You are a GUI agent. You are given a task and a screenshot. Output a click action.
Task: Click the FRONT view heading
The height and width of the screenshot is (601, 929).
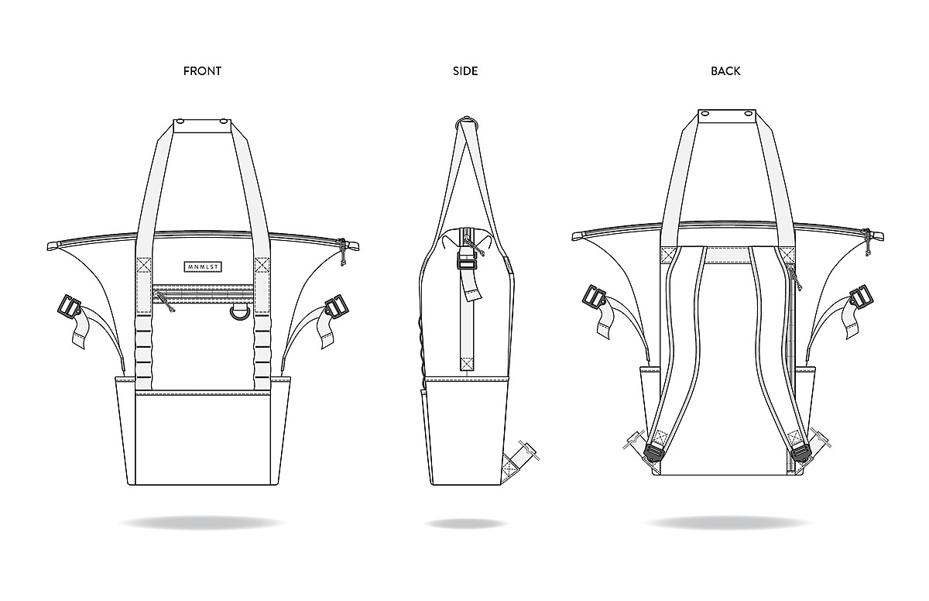pos(202,71)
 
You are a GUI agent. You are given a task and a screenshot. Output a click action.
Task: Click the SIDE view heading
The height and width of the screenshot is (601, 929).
pos(465,71)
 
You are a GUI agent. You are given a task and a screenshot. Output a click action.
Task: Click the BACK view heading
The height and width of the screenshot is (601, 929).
pos(725,71)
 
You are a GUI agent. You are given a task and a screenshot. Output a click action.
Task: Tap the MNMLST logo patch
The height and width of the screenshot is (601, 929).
pos(203,266)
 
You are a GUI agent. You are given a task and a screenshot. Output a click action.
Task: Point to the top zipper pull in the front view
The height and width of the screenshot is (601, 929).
pos(342,252)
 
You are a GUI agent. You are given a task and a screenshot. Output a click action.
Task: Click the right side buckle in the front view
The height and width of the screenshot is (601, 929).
pos(336,307)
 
